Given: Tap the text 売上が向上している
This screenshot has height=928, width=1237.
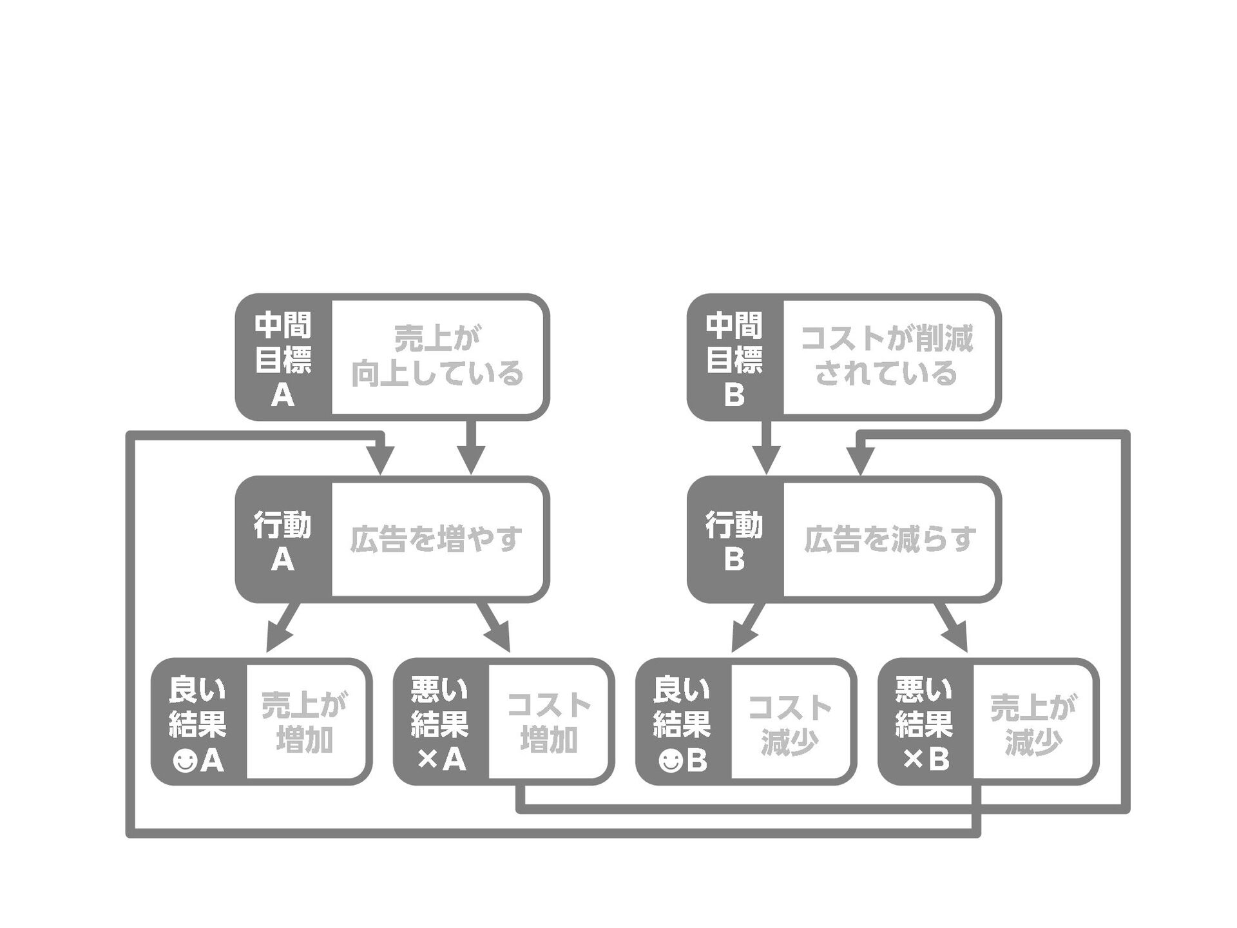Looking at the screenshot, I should [437, 357].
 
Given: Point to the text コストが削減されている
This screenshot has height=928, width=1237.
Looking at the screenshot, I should [887, 357].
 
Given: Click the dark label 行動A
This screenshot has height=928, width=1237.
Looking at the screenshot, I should [283, 541].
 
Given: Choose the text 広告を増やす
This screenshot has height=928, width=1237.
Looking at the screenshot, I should [437, 539].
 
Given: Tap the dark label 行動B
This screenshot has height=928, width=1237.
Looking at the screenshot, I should [735, 541].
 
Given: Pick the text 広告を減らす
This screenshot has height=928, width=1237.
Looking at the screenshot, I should [890, 539].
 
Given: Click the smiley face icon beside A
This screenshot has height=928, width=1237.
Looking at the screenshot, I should [185, 762].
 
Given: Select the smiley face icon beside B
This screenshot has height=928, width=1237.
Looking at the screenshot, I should [670, 762].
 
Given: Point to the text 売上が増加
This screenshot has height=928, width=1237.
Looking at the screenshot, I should [305, 722].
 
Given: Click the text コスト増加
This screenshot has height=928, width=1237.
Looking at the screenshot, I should [549, 722].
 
